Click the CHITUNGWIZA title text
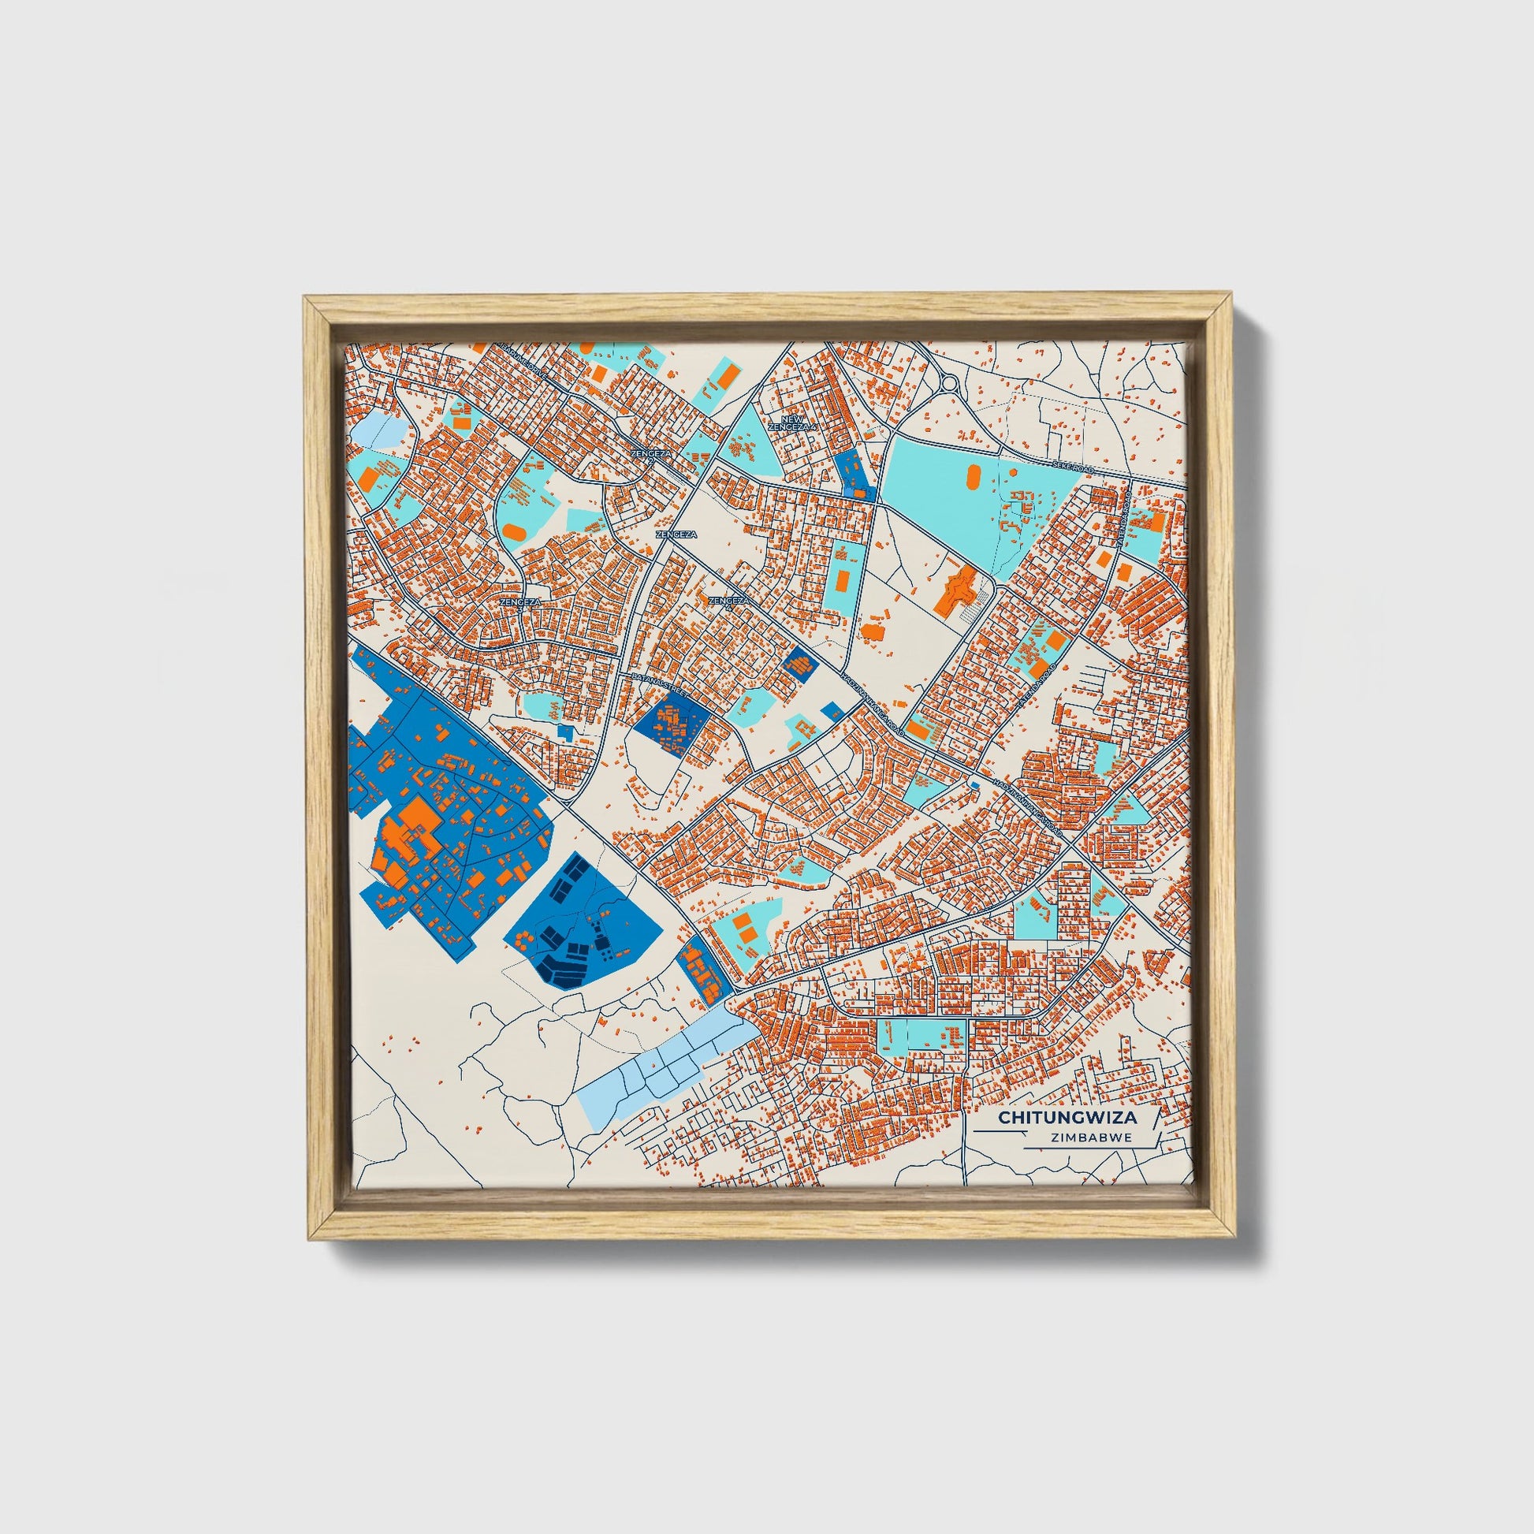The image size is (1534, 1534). tap(1067, 1117)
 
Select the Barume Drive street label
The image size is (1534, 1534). tap(523, 359)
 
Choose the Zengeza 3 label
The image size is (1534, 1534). tap(521, 602)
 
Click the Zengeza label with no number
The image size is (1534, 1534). tap(676, 535)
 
